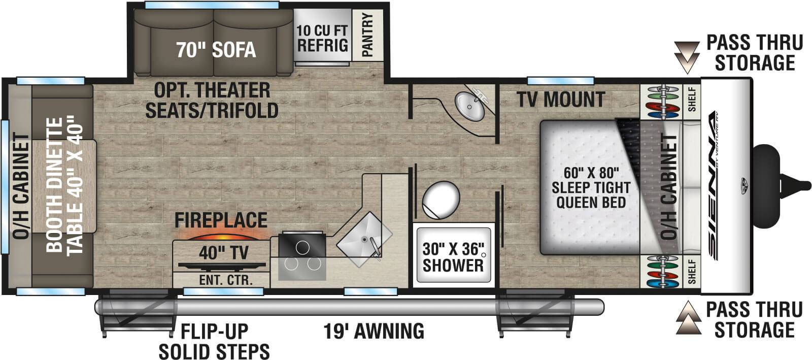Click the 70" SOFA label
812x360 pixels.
pyautogui.click(x=216, y=50)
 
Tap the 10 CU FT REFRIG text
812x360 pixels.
pyautogui.click(x=322, y=38)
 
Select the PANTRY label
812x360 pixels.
pyautogui.click(x=367, y=35)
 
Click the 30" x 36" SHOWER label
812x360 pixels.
pyautogui.click(x=453, y=257)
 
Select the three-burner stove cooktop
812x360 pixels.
pyautogui.click(x=302, y=256)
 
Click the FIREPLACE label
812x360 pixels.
pyautogui.click(x=221, y=220)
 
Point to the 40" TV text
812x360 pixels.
pyautogui.click(x=223, y=252)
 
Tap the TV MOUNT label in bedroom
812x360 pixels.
pyautogui.click(x=561, y=100)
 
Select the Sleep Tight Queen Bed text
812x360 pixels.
pyautogui.click(x=590, y=187)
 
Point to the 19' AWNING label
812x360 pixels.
pyautogui.click(x=374, y=331)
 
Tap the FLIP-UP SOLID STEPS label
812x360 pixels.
pyautogui.click(x=214, y=341)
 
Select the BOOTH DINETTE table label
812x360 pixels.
pyautogui.click(x=63, y=185)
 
